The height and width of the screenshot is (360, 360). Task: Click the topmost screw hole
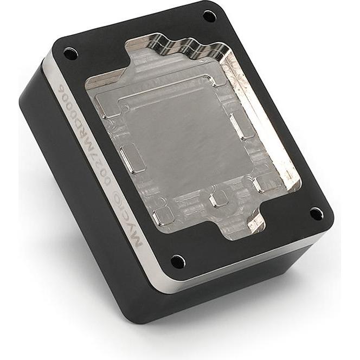tap(209, 16)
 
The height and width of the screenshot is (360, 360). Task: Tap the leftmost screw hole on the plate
tap(70, 53)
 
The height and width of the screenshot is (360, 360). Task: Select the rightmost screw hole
tap(316, 214)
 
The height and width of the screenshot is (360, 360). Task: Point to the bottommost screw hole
tap(178, 262)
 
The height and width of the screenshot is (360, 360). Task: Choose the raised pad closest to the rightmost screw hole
tap(266, 184)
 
